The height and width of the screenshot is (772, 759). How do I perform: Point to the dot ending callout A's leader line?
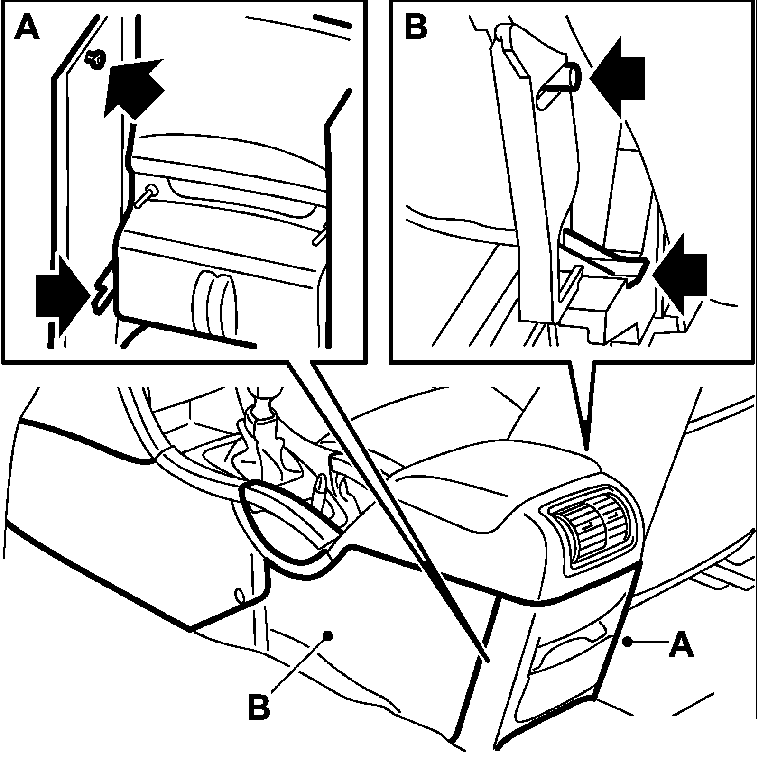coord(627,642)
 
